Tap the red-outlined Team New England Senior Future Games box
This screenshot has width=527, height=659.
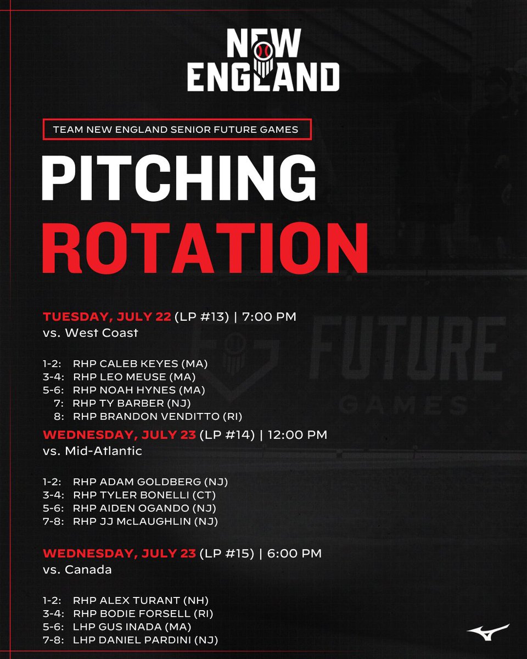[176, 130]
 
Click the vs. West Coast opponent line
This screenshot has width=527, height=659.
[90, 333]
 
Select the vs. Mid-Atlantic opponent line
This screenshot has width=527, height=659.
[92, 451]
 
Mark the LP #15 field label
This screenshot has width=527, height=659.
[227, 554]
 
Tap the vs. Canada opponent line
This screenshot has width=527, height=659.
[77, 569]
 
